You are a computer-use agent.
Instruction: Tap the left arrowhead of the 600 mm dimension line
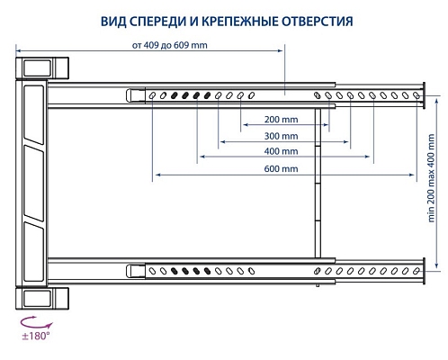[x=156, y=173]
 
